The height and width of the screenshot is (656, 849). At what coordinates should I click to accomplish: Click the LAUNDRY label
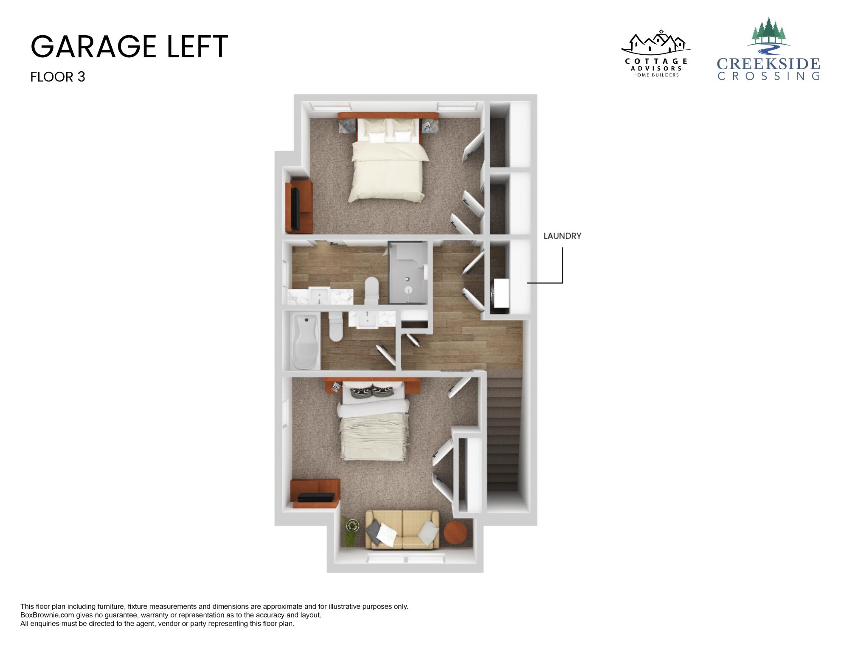(562, 236)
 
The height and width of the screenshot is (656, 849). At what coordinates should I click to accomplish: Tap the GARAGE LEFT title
(129, 47)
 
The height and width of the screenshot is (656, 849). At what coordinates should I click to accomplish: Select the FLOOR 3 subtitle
(58, 77)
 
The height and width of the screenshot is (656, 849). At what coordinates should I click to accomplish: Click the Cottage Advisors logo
(656, 54)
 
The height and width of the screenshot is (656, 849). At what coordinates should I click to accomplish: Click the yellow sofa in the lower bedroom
(402, 529)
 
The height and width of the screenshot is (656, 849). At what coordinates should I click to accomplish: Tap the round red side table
(455, 533)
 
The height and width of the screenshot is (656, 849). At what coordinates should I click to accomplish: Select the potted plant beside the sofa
(351, 531)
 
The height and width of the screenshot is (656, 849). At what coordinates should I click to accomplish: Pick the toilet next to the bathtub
(335, 327)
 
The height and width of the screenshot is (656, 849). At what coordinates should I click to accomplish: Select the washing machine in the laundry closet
(500, 296)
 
